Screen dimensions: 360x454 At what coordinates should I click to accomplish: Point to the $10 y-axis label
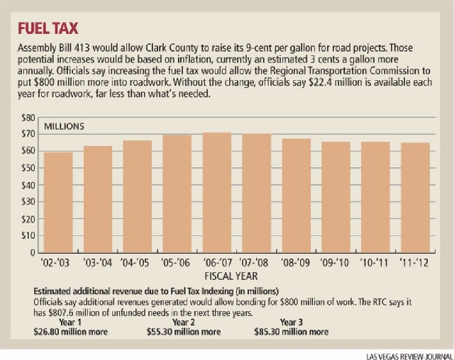coord(27,235)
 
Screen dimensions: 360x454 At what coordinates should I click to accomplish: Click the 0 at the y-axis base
coord(31,252)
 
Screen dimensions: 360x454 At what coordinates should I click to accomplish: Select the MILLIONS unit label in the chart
coord(65,127)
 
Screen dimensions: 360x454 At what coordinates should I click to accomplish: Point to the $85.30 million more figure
coord(294,331)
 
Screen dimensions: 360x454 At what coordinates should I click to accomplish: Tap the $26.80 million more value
coord(69,331)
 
